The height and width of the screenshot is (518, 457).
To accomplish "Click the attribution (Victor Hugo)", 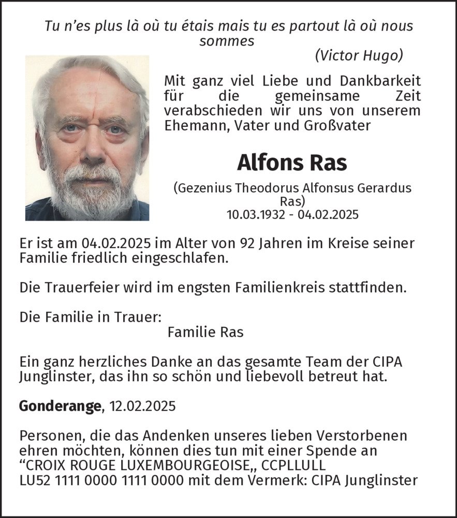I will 359,55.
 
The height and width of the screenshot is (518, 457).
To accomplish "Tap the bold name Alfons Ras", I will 292,163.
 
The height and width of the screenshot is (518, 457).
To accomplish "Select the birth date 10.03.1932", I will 256,214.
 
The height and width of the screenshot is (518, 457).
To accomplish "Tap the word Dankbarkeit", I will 380,81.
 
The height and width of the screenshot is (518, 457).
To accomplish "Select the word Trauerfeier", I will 82,286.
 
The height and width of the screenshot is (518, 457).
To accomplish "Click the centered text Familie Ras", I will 205,332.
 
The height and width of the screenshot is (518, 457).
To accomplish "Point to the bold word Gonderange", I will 60,406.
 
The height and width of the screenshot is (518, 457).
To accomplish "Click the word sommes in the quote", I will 227,41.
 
